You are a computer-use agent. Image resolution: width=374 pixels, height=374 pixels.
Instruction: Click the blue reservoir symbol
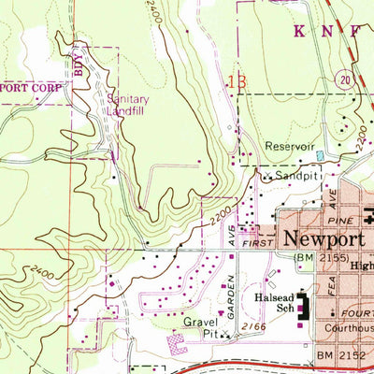point(321,153)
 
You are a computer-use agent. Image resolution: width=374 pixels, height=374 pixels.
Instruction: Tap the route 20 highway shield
point(346,80)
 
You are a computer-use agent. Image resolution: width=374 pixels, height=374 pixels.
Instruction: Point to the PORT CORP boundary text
point(32,88)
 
